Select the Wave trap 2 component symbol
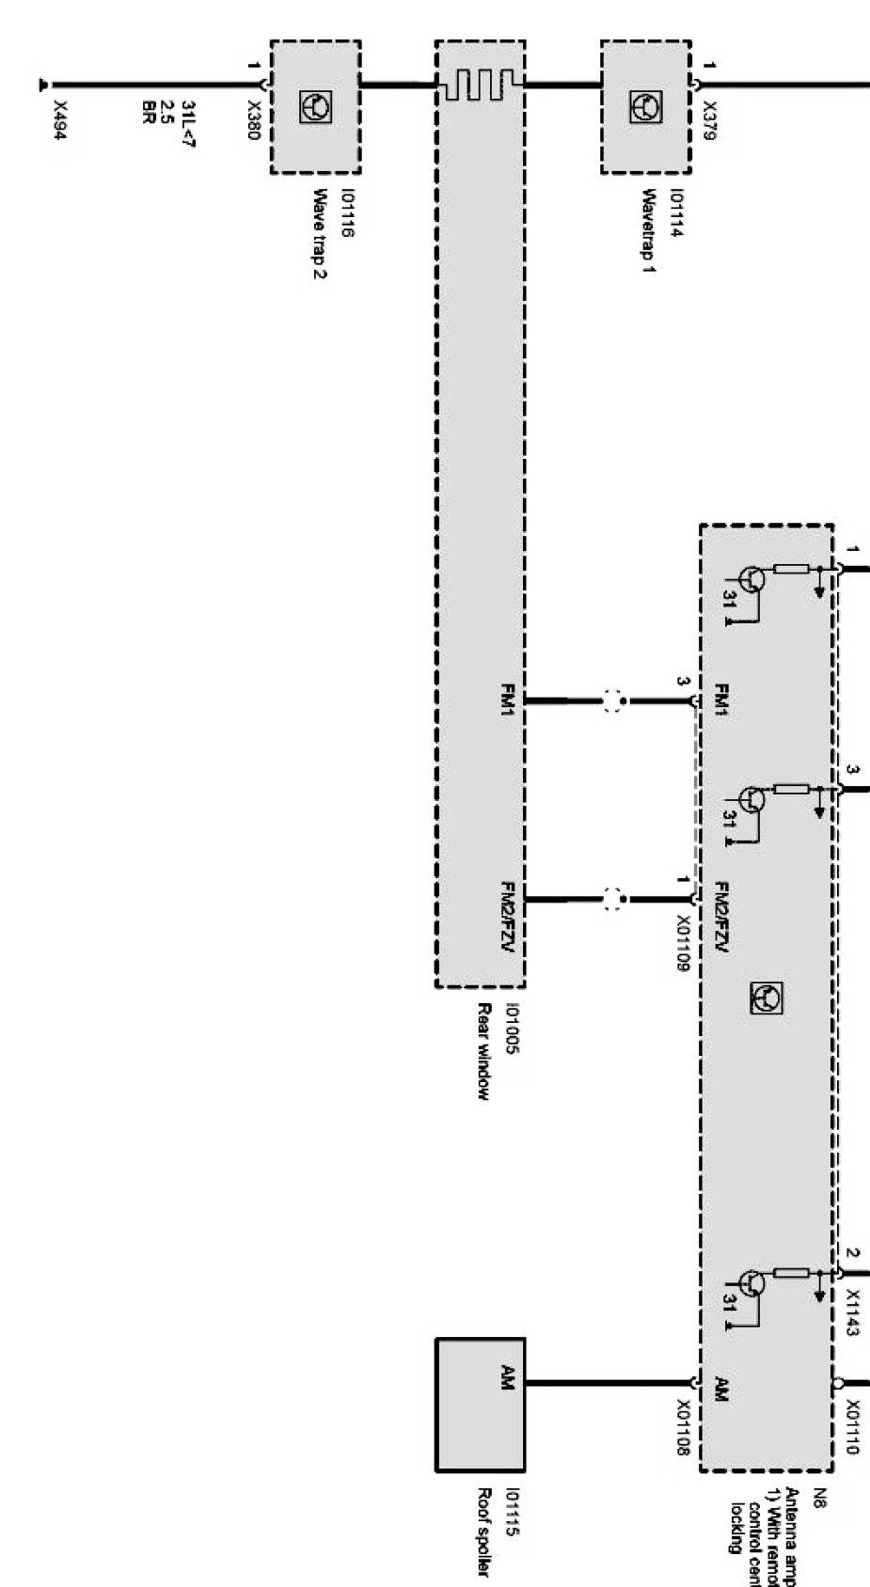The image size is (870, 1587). (x=315, y=108)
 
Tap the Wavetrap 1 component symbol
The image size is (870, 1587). (x=645, y=108)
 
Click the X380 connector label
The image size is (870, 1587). (x=252, y=121)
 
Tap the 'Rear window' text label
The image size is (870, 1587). (x=483, y=1051)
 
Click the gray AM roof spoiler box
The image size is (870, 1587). (x=480, y=1404)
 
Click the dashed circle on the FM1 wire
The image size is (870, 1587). (x=613, y=700)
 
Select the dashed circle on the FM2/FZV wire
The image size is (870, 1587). (x=613, y=900)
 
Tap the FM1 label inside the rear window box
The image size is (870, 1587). (x=508, y=700)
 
